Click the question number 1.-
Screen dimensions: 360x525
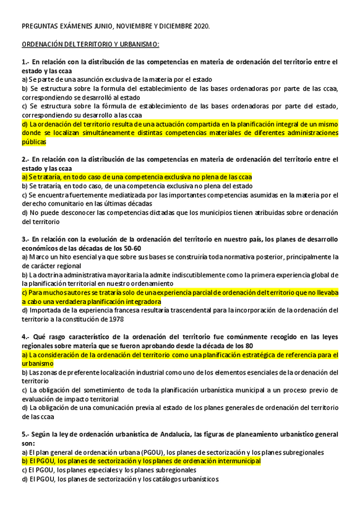pos(25,62)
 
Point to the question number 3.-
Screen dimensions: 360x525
pos(25,240)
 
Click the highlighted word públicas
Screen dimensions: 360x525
pos(34,142)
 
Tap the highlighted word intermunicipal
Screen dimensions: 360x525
pos(236,461)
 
